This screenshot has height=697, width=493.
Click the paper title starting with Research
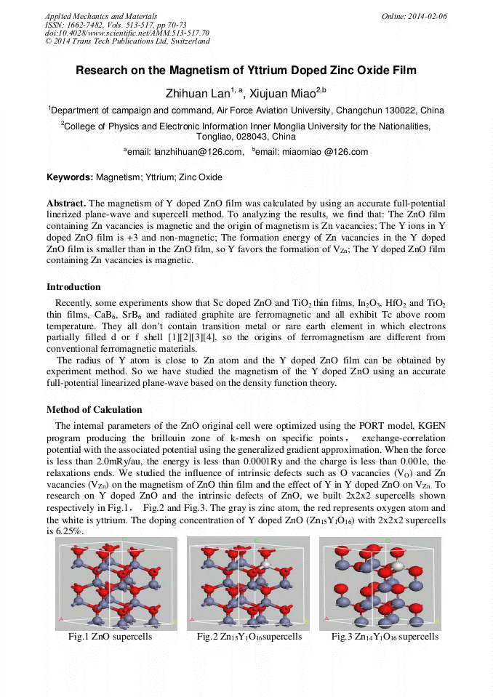pyautogui.click(x=246, y=71)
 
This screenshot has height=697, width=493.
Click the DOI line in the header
pyautogui.click(x=127, y=33)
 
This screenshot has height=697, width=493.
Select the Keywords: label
pyautogui.click(x=70, y=177)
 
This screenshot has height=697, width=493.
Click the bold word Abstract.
pyautogui.click(x=66, y=204)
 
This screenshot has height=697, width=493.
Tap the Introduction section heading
pyautogui.click(x=73, y=287)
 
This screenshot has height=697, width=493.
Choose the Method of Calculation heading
pyautogui.click(x=94, y=410)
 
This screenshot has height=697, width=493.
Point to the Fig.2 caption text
pyautogui.click(x=249, y=637)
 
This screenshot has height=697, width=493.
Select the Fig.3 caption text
pyautogui.click(x=385, y=637)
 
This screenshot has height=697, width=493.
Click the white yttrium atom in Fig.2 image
pyautogui.click(x=265, y=563)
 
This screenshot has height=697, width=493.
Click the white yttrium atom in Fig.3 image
pyautogui.click(x=397, y=565)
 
